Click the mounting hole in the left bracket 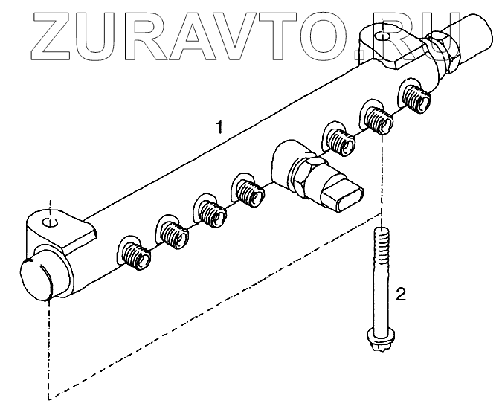pyautogui.click(x=49, y=222)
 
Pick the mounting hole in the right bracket pyautogui.click(x=381, y=35)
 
